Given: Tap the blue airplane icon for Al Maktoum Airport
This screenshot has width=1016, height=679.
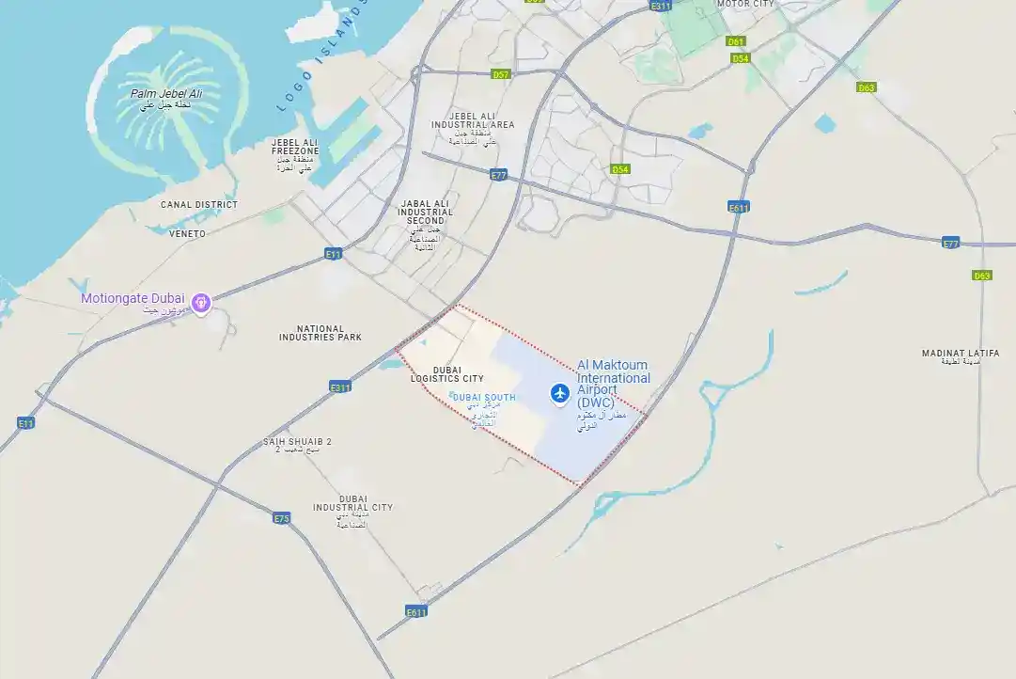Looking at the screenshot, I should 561,392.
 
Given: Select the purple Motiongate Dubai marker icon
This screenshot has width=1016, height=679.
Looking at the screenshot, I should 200,302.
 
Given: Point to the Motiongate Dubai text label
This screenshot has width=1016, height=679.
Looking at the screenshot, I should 133,298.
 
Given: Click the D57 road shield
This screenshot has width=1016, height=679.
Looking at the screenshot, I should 501,74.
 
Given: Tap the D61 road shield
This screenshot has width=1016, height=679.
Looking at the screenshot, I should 736,41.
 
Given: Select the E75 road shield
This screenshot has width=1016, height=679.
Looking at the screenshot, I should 282,518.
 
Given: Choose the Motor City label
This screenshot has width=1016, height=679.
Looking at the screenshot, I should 745,4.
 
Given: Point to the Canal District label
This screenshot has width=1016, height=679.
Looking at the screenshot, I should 199,204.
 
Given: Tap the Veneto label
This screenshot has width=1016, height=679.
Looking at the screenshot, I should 187,233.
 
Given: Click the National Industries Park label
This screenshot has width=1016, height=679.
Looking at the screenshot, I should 321,333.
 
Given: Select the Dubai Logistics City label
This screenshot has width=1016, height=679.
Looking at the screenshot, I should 447,374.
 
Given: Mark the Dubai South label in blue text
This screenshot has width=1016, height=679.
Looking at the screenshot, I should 483,398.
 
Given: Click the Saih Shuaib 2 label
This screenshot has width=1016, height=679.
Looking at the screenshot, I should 297,442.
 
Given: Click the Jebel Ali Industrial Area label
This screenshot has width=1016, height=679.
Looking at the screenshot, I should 473,120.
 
